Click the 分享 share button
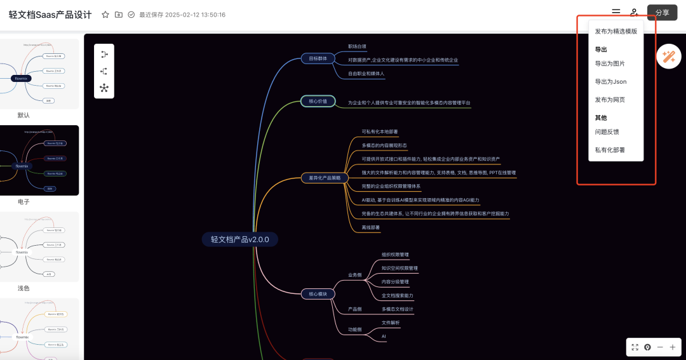tap(662, 13)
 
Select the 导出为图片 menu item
tap(610, 63)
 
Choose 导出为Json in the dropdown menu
tap(610, 82)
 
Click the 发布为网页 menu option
tap(610, 100)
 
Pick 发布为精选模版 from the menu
tap(615, 31)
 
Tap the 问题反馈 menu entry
tap(607, 132)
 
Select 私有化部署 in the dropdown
tap(610, 150)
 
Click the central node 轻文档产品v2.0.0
tap(240, 239)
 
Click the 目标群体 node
tap(318, 58)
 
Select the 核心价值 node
tap(318, 101)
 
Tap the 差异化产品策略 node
tap(325, 178)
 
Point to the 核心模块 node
tap(318, 294)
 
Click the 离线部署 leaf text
tap(371, 227)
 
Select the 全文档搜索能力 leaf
tap(397, 296)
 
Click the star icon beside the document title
tap(105, 15)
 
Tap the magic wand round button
tap(668, 57)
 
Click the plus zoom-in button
tap(673, 347)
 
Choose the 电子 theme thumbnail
tap(39, 160)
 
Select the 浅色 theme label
tap(24, 288)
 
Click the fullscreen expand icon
tap(635, 347)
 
